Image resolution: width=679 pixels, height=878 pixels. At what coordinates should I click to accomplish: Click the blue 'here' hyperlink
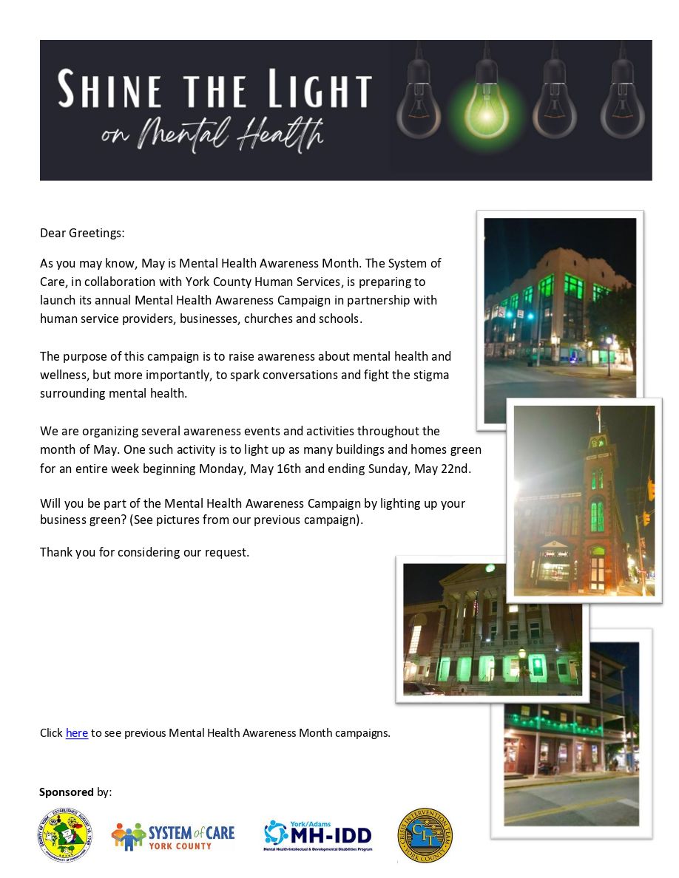[77, 733]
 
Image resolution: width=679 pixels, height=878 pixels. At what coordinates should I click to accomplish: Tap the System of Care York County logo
[173, 836]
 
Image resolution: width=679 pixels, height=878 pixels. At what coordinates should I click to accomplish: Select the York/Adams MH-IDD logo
[318, 836]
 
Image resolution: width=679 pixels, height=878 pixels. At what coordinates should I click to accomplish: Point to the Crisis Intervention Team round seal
[425, 835]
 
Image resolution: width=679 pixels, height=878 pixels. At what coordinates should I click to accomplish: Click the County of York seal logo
[65, 835]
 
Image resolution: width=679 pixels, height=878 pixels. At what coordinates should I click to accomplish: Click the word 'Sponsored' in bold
[67, 792]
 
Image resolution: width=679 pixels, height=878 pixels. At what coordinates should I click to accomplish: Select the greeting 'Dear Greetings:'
[82, 233]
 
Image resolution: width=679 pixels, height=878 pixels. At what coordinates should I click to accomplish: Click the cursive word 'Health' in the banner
[282, 135]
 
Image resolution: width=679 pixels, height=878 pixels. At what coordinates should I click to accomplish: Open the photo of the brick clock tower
[584, 500]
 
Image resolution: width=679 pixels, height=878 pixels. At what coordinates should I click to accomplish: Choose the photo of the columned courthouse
[492, 629]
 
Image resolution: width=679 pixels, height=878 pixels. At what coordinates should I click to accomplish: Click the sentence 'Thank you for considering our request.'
[144, 552]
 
